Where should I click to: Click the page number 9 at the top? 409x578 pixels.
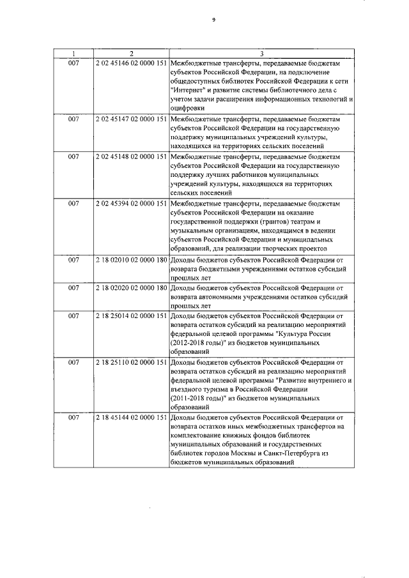[x=213, y=20]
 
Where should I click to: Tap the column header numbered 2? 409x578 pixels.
[x=131, y=54]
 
